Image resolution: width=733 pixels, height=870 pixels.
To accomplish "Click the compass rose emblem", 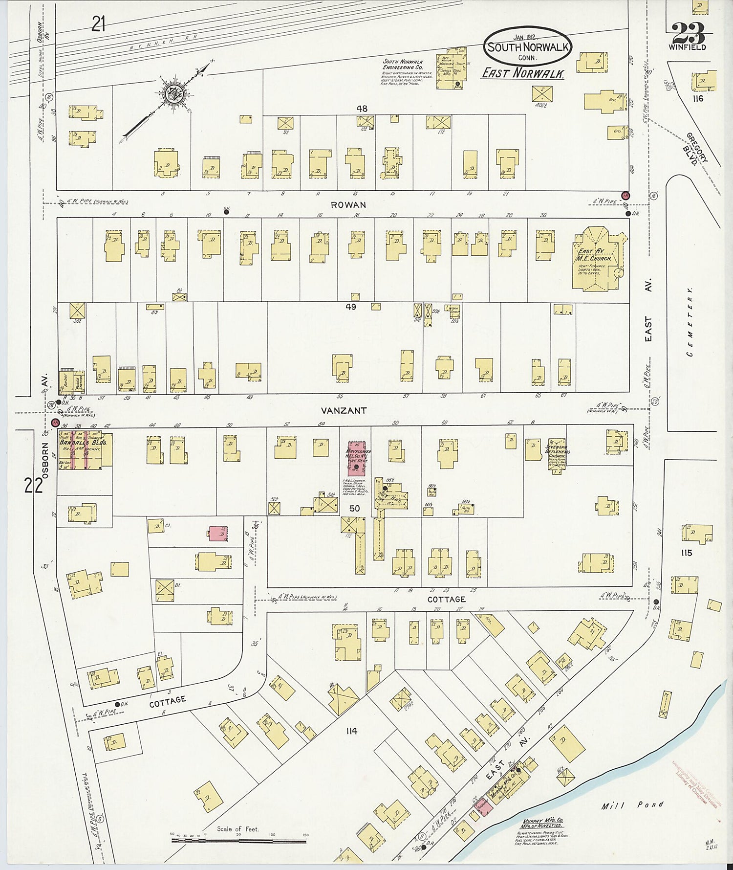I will tap(172, 93).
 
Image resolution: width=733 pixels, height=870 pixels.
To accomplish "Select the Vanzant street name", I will tap(350, 411).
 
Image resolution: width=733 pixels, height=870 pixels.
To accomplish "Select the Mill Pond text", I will tap(633, 804).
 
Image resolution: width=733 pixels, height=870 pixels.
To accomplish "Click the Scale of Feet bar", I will tap(238, 841).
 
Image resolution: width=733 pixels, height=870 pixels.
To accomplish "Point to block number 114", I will tap(351, 731).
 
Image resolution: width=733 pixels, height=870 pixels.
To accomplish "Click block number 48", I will tap(362, 109).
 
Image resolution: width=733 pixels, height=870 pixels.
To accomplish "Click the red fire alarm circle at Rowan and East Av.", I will tap(626, 196).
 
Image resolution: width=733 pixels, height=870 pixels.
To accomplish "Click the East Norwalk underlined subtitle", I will tap(523, 73).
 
